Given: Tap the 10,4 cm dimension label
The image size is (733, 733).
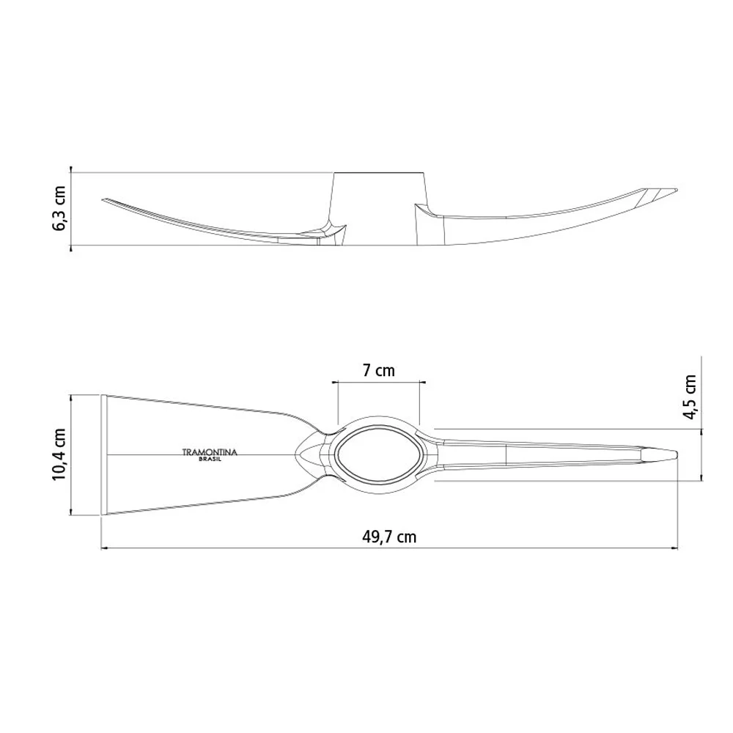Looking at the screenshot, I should click(x=59, y=454).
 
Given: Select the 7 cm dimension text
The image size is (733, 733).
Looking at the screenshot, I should click(x=378, y=370).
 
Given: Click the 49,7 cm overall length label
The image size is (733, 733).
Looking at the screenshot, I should click(x=389, y=537).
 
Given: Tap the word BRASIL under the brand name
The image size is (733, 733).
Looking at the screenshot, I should click(x=210, y=460).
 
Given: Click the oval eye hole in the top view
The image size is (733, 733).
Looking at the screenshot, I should click(x=379, y=454).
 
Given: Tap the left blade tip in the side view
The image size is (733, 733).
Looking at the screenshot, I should click(x=104, y=199).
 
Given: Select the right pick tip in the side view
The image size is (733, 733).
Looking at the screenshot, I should click(x=676, y=190).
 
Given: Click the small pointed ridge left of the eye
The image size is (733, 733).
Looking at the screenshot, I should click(x=302, y=454).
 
